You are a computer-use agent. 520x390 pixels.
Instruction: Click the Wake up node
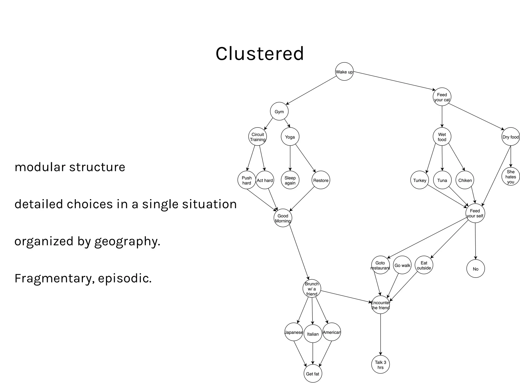(344, 72)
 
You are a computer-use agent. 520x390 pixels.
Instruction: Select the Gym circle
(279, 111)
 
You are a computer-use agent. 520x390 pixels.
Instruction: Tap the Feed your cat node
(442, 97)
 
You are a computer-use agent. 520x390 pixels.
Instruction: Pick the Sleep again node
(290, 180)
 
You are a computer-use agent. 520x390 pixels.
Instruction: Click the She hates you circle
(511, 177)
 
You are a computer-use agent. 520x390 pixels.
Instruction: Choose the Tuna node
(442, 180)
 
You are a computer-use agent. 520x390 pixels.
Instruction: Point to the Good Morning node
(283, 218)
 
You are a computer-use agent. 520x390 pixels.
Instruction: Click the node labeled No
(476, 269)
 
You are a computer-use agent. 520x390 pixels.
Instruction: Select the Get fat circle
(313, 374)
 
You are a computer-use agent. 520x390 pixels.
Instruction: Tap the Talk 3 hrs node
(380, 365)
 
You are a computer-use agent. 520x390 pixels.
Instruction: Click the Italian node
(313, 334)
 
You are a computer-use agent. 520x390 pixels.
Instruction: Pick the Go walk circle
(402, 265)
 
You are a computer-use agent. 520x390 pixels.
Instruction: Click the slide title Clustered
(259, 54)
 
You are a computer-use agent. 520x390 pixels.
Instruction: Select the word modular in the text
(40, 167)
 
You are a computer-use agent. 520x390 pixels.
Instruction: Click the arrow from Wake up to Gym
(311, 90)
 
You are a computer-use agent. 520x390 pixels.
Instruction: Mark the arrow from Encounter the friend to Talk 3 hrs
(380, 334)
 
